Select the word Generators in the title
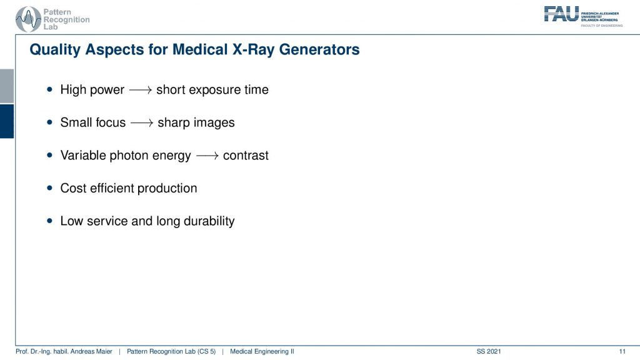click(x=319, y=49)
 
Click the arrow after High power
click(x=141, y=90)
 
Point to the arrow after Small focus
click(x=142, y=123)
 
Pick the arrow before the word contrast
click(x=207, y=156)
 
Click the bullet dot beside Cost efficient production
click(x=50, y=188)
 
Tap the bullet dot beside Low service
click(x=50, y=221)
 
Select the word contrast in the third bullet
click(x=246, y=156)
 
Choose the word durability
click(x=209, y=221)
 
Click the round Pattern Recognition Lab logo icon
click(x=28, y=19)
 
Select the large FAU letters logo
click(x=562, y=14)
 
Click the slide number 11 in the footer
click(x=622, y=351)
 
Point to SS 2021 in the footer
click(x=489, y=351)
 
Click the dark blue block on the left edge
click(x=7, y=121)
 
